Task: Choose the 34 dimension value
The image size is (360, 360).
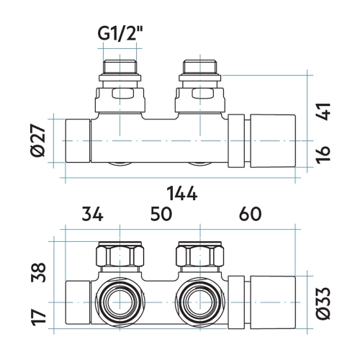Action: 91,214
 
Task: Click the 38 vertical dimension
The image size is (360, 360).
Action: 42,272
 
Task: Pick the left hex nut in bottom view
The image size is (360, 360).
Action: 116,256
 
